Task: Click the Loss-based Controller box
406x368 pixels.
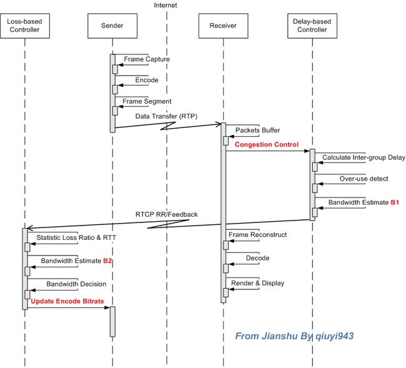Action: point(25,26)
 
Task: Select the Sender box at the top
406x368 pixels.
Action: point(112,26)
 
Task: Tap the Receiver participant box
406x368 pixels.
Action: point(223,26)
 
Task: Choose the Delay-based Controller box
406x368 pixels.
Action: point(312,26)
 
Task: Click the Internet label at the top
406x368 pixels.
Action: point(166,5)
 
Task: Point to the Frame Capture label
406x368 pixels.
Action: point(147,59)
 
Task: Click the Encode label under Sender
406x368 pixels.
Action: point(147,80)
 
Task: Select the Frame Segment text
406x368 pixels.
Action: point(147,101)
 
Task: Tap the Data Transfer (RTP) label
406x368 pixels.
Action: point(166,116)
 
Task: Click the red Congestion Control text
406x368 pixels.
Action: point(267,144)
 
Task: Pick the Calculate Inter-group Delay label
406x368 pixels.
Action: point(364,157)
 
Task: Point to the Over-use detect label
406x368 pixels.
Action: point(364,179)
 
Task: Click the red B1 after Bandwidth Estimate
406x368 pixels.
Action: point(395,202)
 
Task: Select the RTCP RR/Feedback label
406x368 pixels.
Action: point(167,214)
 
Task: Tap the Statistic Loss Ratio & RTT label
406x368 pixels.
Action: point(76,237)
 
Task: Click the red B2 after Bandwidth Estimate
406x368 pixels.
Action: point(107,261)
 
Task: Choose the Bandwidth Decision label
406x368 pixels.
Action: point(76,284)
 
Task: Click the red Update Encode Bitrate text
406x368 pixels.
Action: point(67,301)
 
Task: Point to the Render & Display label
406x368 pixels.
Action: point(257,283)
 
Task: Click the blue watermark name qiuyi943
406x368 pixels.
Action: point(335,336)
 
